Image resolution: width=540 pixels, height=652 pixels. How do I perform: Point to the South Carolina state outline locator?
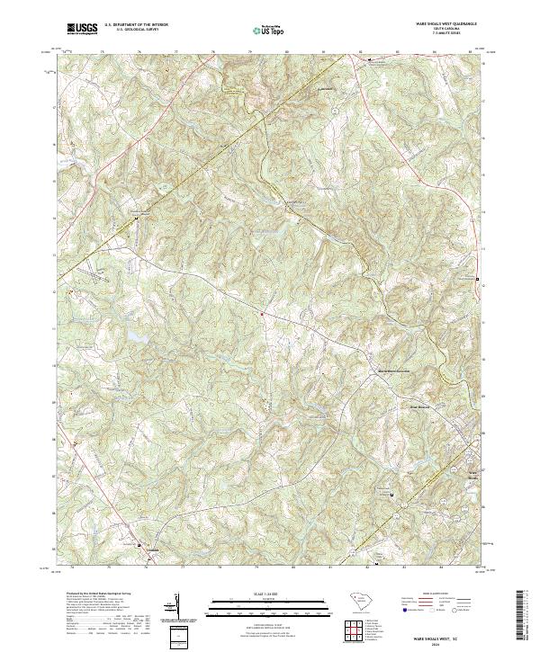click(355, 598)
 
